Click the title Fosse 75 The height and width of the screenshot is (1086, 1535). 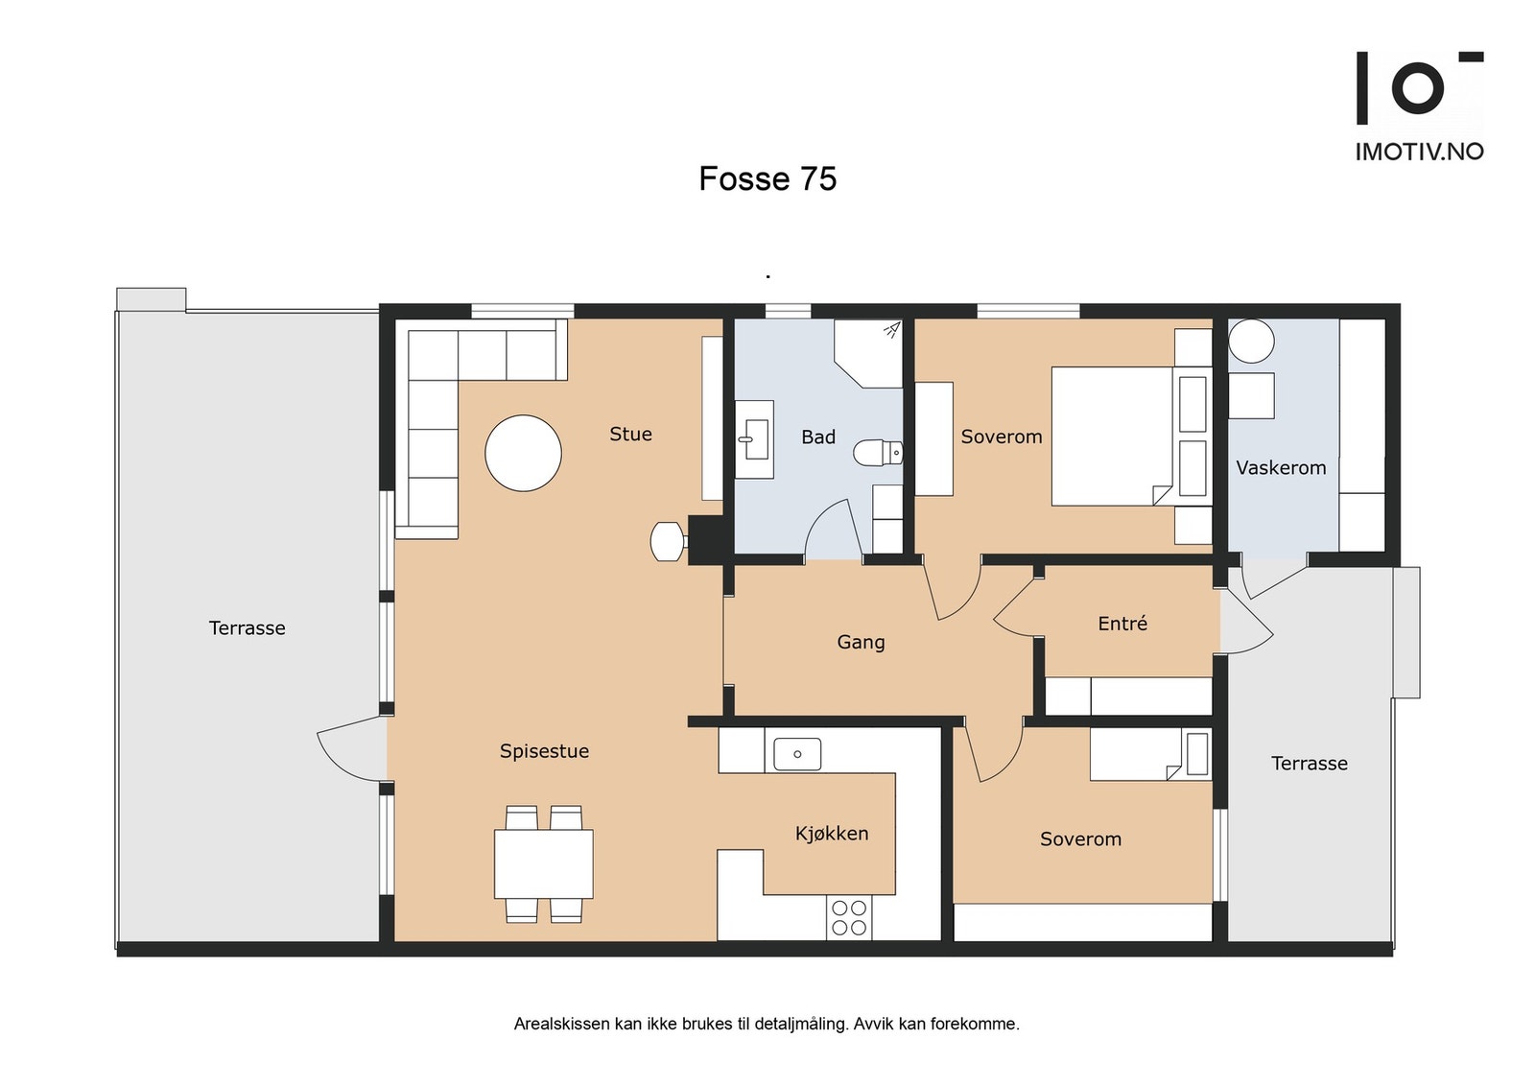(767, 178)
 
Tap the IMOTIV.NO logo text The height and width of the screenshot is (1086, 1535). (1420, 153)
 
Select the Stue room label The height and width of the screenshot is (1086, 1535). (630, 434)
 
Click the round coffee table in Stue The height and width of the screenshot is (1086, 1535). (524, 453)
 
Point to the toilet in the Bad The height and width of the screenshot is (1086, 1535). (878, 453)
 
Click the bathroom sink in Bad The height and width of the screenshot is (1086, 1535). (754, 439)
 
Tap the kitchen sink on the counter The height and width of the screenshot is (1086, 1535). (797, 754)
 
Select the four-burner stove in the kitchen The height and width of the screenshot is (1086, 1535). (849, 918)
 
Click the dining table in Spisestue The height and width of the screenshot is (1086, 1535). (544, 864)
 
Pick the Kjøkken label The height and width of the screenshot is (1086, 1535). (832, 834)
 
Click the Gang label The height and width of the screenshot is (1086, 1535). (862, 642)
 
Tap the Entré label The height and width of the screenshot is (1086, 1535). (1122, 624)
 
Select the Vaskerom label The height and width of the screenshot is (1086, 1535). (1281, 468)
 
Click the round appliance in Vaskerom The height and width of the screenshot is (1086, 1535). (1251, 341)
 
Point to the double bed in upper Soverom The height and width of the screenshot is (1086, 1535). (1131, 437)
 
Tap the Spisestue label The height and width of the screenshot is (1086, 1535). (544, 751)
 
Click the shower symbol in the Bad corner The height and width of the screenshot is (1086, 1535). (891, 330)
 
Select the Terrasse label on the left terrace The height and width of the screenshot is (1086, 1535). (247, 628)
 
